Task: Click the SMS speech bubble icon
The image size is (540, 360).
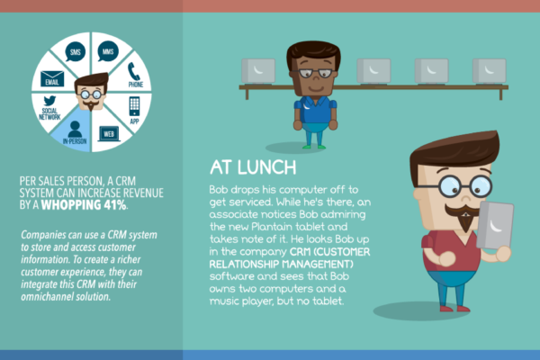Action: click(x=75, y=51)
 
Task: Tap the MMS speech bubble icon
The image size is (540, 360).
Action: click(x=108, y=51)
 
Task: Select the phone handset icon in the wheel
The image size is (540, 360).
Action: click(x=133, y=72)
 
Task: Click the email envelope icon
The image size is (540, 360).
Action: click(x=52, y=78)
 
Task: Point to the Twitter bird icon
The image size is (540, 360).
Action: click(x=49, y=101)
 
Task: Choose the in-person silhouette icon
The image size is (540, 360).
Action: click(x=75, y=130)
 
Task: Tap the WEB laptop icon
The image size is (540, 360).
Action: click(x=109, y=134)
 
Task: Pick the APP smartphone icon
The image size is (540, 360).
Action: click(x=134, y=106)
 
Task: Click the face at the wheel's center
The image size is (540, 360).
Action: click(x=91, y=92)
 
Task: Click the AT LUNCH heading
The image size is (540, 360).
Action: click(x=253, y=167)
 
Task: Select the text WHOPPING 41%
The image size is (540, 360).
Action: click(x=84, y=205)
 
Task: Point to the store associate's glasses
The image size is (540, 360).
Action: click(x=315, y=73)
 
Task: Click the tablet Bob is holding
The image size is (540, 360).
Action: click(x=494, y=226)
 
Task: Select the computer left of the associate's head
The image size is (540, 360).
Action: click(x=258, y=71)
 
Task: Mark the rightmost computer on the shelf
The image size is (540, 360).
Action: click(x=489, y=71)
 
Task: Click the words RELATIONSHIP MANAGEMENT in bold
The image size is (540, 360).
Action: click(x=282, y=265)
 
